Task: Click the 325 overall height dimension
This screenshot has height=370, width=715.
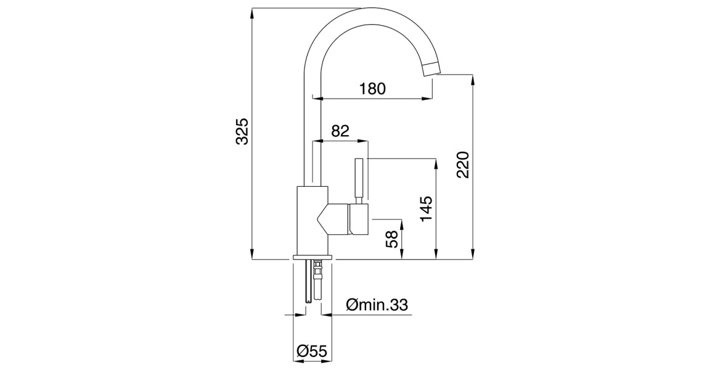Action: [x=243, y=131]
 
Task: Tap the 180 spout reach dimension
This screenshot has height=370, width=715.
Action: [x=372, y=89]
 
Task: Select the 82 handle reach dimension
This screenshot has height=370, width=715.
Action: [x=340, y=131]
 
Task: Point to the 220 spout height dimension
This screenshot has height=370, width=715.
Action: [x=464, y=165]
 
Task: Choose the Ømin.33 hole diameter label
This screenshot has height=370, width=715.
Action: [x=377, y=305]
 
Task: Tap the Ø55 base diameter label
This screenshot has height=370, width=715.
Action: [x=311, y=351]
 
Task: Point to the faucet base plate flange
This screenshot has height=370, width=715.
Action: [x=313, y=257]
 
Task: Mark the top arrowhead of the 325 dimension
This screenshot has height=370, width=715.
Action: [x=252, y=12]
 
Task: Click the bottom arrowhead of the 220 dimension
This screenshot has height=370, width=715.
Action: [x=473, y=255]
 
